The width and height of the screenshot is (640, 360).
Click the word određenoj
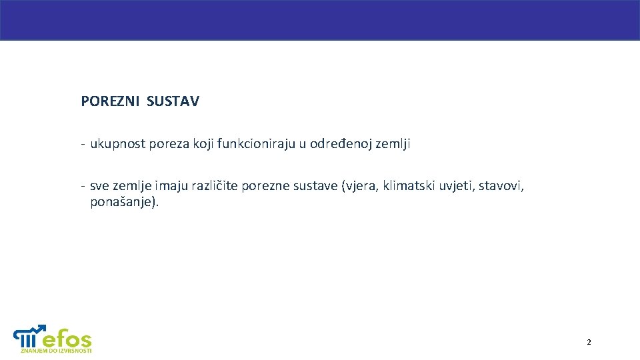tap(339, 143)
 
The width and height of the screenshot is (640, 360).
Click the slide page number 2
tap(589, 342)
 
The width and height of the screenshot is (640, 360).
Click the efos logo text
tap(67, 337)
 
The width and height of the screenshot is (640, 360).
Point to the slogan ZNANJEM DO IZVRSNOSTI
tap(56, 351)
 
